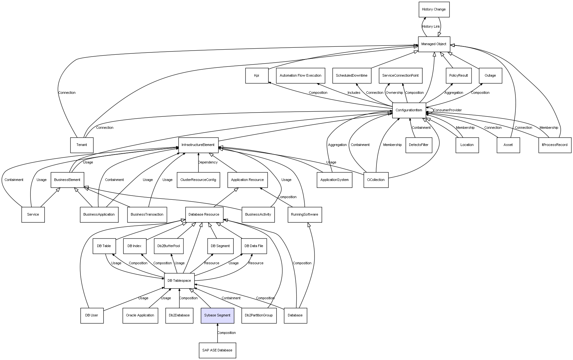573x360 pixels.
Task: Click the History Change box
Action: click(x=434, y=10)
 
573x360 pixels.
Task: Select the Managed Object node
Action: click(x=434, y=44)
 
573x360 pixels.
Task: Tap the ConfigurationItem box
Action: click(x=409, y=110)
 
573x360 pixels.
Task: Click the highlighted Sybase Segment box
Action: click(x=217, y=315)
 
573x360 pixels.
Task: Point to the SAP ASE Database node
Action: click(x=217, y=350)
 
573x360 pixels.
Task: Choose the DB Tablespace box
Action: click(x=179, y=281)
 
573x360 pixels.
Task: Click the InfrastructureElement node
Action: click(x=198, y=145)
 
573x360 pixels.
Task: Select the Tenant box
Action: click(x=82, y=145)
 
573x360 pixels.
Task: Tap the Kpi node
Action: click(x=257, y=76)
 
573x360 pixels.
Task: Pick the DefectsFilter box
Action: click(x=419, y=145)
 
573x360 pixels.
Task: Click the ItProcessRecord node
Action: click(x=555, y=145)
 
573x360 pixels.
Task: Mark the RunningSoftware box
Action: click(x=305, y=215)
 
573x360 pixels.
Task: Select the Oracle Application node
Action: click(x=140, y=315)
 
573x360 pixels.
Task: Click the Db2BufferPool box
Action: click(x=169, y=246)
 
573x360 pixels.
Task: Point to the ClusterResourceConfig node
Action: click(x=198, y=180)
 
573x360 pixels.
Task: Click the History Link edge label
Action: click(x=431, y=27)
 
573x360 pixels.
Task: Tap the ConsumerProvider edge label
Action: click(x=447, y=110)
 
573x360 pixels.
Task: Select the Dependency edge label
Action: click(x=208, y=163)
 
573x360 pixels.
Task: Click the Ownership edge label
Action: click(x=394, y=93)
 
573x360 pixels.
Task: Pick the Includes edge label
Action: click(x=354, y=93)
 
